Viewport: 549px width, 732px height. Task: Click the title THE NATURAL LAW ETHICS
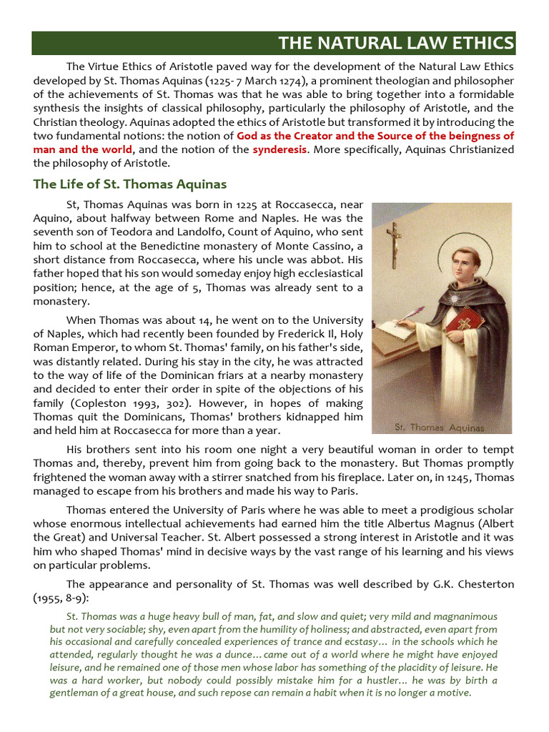point(396,44)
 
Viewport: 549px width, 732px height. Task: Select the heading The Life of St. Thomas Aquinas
point(130,184)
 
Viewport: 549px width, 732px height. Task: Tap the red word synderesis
point(280,149)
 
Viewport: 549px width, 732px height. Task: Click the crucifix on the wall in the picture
point(393,244)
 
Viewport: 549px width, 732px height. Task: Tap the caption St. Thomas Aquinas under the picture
point(440,427)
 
